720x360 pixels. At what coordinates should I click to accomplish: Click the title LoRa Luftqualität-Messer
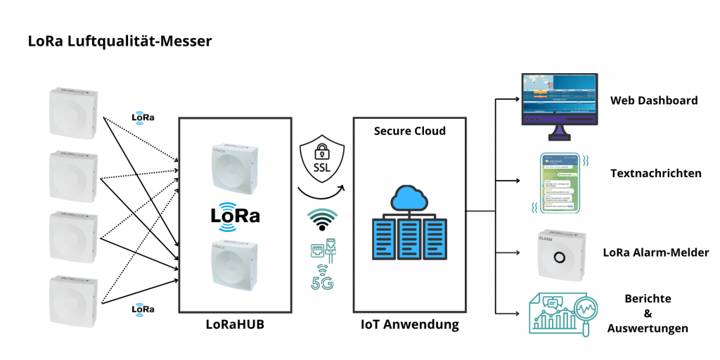click(x=119, y=41)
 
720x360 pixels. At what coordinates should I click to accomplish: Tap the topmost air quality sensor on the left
click(x=73, y=113)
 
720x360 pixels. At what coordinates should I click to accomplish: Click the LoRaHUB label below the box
click(x=234, y=325)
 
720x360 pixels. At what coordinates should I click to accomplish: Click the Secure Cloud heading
click(x=409, y=131)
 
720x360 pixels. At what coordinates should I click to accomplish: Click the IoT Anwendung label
click(x=409, y=325)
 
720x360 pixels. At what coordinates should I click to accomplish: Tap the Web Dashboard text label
click(x=653, y=101)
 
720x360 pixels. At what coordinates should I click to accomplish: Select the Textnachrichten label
click(x=655, y=173)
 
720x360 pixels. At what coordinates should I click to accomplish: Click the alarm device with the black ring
click(x=560, y=255)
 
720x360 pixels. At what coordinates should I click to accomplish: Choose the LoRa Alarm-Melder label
click(x=655, y=252)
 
